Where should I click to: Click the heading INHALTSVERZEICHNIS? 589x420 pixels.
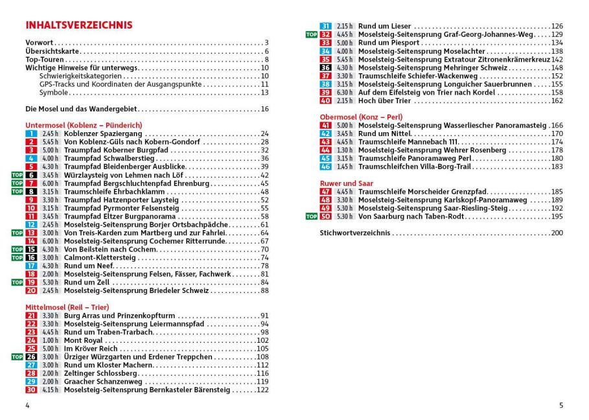click(x=78, y=25)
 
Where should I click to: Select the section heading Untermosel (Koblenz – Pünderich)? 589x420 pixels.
click(x=84, y=125)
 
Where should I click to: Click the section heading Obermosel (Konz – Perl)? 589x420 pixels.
click(x=361, y=117)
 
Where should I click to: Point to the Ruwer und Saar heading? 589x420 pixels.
click(x=347, y=183)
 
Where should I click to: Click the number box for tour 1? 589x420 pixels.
click(x=31, y=134)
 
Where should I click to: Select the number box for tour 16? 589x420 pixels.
click(x=31, y=257)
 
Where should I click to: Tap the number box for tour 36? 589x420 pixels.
click(x=325, y=67)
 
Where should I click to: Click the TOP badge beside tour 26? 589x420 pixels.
click(x=17, y=356)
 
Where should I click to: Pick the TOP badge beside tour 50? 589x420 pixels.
click(x=312, y=216)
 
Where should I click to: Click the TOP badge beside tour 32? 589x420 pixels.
click(x=312, y=34)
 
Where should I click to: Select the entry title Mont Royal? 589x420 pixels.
click(x=83, y=340)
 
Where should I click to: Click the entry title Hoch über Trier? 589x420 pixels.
click(x=385, y=100)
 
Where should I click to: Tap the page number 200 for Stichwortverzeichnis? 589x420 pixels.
click(x=557, y=233)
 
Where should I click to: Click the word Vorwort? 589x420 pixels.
click(x=39, y=43)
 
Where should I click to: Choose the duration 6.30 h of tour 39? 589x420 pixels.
click(x=345, y=92)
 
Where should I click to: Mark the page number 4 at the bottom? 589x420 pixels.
click(x=27, y=405)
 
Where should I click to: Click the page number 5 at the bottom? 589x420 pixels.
click(x=561, y=405)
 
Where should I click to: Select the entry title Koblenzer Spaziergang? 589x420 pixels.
click(x=103, y=134)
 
